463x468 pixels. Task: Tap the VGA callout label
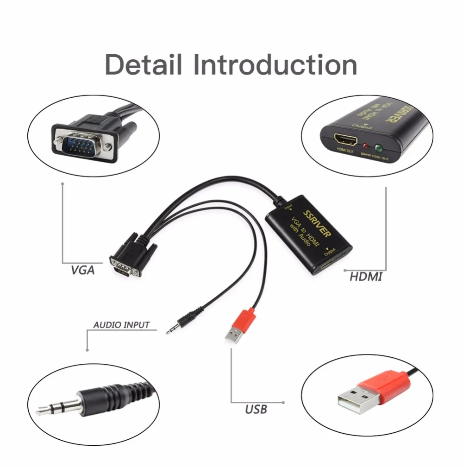click(x=83, y=270)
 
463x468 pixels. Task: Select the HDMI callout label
click(x=366, y=277)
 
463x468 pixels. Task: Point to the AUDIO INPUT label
click(x=121, y=325)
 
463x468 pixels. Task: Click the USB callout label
click(x=256, y=409)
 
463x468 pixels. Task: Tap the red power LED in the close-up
click(x=366, y=145)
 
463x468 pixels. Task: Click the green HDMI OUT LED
click(x=378, y=148)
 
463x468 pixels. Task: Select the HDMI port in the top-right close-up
click(x=344, y=139)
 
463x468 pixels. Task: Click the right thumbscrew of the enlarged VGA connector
click(x=108, y=147)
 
